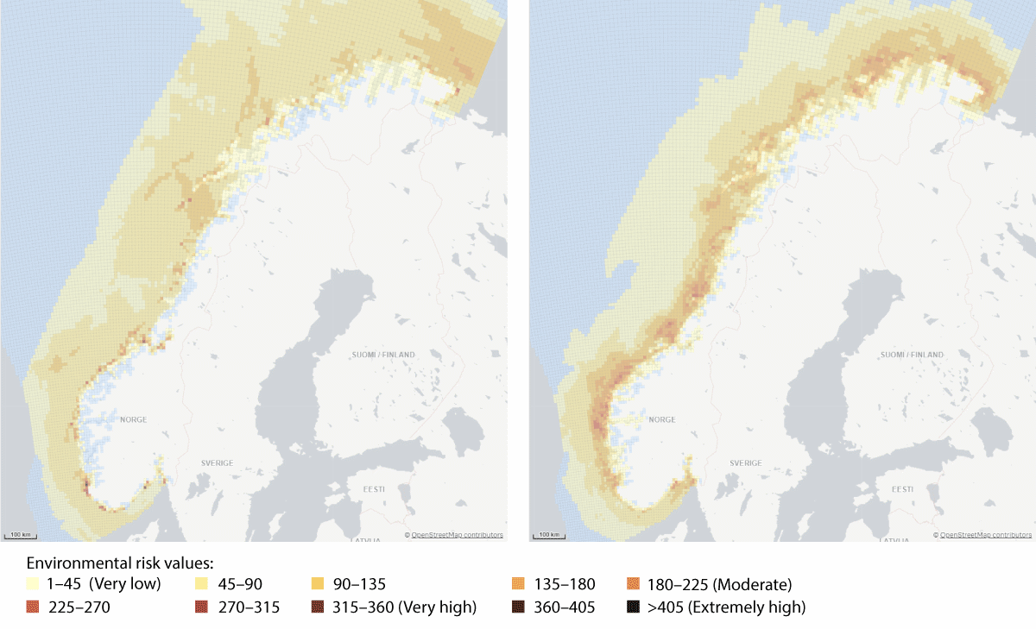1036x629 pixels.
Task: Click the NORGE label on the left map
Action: pos(133,419)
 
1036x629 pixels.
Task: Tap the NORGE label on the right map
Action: pos(661,419)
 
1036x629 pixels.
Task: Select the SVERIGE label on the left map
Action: pos(217,463)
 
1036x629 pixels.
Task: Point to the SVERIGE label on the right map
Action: pos(745,463)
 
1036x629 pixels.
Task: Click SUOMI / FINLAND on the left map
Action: pos(383,355)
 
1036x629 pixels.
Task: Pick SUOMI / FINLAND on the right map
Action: pos(912,355)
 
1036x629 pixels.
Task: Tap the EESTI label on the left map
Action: pos(373,489)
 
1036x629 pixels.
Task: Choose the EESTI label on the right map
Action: pos(901,489)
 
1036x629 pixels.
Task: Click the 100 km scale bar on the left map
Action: pos(20,535)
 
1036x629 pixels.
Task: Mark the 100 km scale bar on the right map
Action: pos(548,535)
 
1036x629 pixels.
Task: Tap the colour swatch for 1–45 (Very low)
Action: pos(33,584)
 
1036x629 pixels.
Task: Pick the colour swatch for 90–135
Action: pos(317,584)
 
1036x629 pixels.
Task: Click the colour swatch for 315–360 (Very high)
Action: pos(317,607)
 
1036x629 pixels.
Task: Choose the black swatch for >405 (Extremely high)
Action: pos(633,607)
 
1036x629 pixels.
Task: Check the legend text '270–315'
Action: pos(249,607)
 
